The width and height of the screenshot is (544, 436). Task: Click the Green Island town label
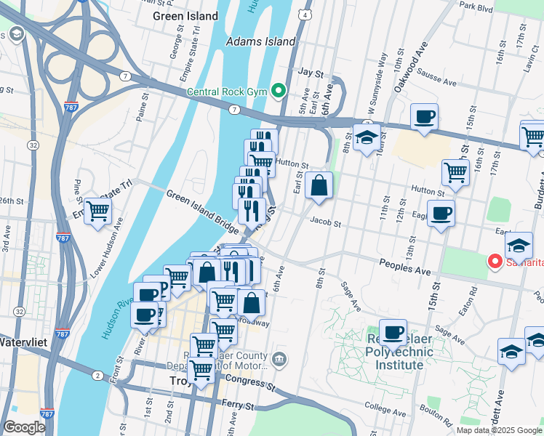click(185, 16)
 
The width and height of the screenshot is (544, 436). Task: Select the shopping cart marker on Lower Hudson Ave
click(98, 212)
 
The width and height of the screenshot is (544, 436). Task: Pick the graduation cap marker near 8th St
click(367, 137)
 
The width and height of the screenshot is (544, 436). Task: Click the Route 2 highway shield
click(97, 375)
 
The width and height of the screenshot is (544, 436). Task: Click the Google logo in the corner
click(24, 427)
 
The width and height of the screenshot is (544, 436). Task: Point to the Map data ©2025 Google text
click(499, 430)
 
